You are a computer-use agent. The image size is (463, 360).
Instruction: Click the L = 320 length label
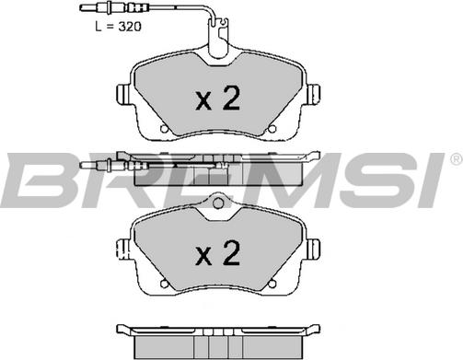(x=118, y=27)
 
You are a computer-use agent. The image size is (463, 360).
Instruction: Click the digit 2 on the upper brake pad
(x=231, y=98)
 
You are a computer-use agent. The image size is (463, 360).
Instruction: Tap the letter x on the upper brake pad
(x=203, y=102)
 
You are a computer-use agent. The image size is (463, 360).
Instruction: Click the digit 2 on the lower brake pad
(x=231, y=252)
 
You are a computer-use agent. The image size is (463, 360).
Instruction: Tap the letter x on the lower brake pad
(x=203, y=257)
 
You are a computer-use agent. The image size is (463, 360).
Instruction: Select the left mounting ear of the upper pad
(x=123, y=94)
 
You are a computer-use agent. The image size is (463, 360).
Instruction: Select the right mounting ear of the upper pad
(x=314, y=94)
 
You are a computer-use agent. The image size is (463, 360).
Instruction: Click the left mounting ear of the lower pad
(x=123, y=249)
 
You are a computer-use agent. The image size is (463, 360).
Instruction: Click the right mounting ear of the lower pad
(x=314, y=249)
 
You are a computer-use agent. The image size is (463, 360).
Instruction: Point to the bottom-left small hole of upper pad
(x=164, y=129)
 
